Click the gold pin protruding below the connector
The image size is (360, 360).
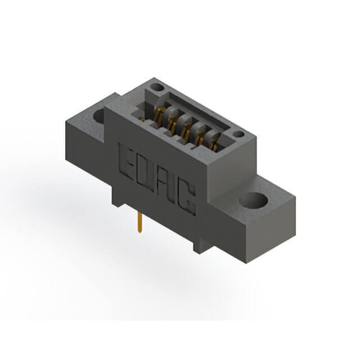[x=139, y=222]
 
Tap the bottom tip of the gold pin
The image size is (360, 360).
[x=139, y=232]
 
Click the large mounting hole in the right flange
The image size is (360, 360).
[x=254, y=200]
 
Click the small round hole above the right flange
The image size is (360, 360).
[x=238, y=134]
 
